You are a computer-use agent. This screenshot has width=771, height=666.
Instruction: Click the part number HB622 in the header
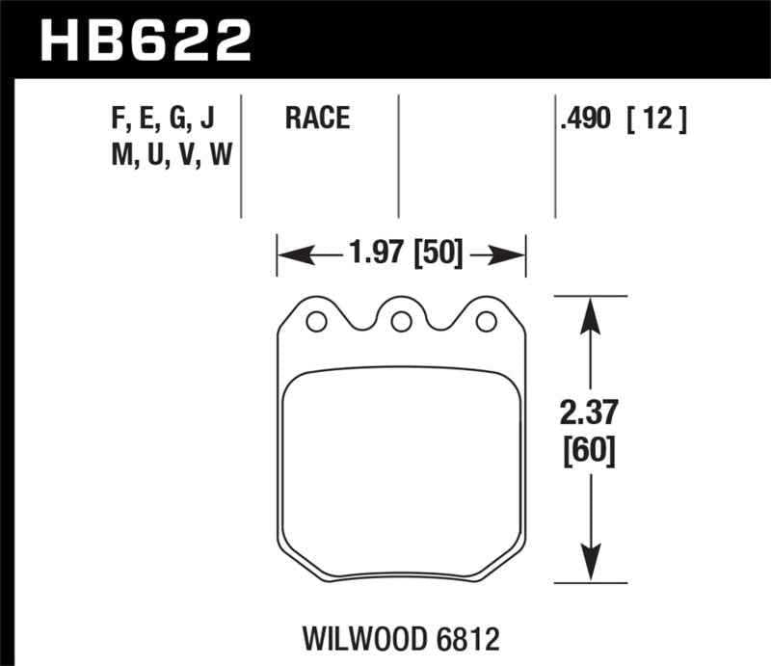click(x=145, y=40)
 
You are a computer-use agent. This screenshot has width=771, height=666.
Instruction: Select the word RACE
click(x=317, y=120)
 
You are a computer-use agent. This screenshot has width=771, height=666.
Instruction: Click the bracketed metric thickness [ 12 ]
click(x=655, y=120)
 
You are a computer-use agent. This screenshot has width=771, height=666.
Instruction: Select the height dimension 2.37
click(x=590, y=413)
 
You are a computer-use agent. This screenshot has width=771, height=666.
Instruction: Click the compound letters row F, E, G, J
click(x=163, y=120)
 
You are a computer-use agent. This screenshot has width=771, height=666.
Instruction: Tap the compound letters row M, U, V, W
click(x=171, y=153)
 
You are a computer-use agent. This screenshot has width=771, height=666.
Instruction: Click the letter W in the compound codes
click(x=220, y=153)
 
